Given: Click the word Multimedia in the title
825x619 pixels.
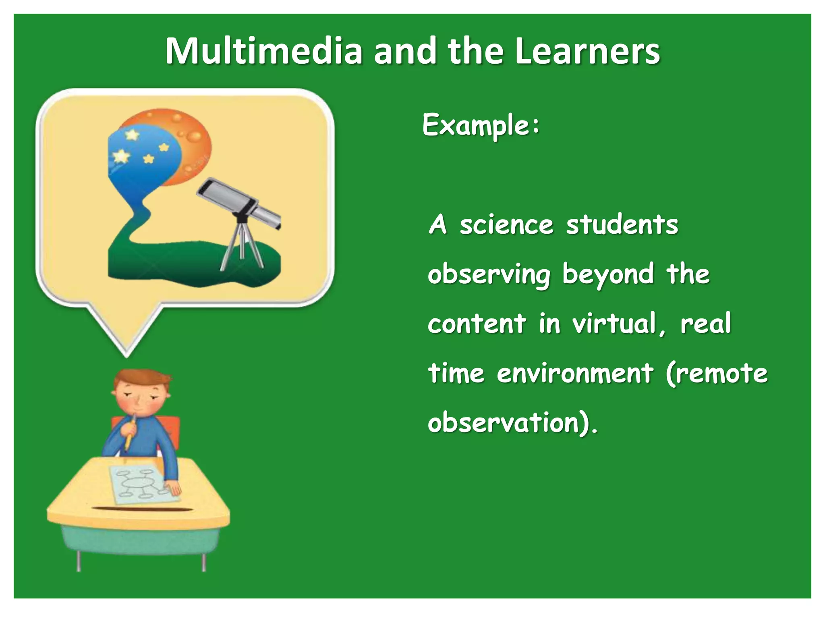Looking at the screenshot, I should coord(264,51).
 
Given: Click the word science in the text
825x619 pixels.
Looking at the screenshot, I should coord(506,225).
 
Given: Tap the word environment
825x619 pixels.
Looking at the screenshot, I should coord(574,373).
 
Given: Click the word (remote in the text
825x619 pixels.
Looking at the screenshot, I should coord(717,373).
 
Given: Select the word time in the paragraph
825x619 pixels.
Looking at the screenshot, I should coord(456,373).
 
